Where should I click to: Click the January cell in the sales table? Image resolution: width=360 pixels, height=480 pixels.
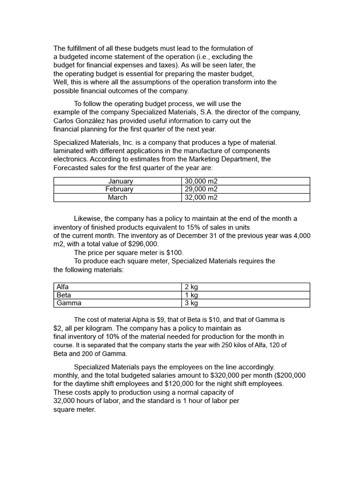point(120,181)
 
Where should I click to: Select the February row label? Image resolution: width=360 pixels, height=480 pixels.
point(119,189)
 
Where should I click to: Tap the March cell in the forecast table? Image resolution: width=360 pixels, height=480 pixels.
point(117,197)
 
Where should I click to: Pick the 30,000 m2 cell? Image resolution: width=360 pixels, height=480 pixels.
point(201,181)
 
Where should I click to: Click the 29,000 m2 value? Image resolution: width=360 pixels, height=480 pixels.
point(201,189)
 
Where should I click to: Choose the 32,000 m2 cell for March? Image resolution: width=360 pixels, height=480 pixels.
point(201,197)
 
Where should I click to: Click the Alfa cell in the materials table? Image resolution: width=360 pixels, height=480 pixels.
point(62,287)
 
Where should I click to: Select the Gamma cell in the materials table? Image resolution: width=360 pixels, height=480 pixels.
point(68,303)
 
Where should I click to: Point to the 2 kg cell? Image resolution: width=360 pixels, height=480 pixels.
point(191,287)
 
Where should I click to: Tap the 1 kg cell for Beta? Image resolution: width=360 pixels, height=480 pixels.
point(191,295)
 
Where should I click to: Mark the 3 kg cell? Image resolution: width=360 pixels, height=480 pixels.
point(191,303)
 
